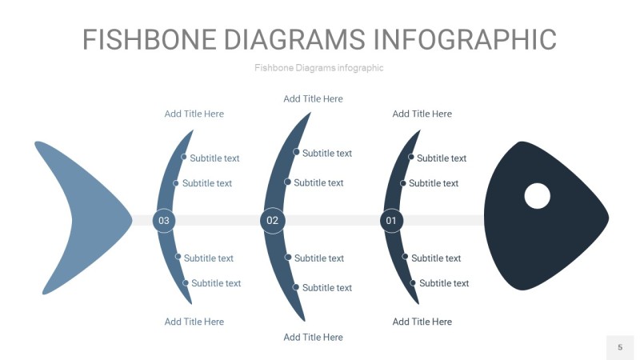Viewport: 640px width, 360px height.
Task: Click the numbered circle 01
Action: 391,220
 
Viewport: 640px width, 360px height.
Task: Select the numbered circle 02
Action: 273,220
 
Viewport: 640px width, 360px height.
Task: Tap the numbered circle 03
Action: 164,220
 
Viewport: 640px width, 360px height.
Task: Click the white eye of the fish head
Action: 537,195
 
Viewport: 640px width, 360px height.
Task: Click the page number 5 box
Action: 619,347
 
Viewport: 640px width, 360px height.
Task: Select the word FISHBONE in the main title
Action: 150,39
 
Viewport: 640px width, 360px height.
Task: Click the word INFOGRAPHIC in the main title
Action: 466,39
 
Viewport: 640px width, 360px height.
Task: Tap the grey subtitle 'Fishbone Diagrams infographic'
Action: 319,68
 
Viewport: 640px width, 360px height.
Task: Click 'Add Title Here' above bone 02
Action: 313,99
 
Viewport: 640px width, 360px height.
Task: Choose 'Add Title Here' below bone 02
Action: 313,338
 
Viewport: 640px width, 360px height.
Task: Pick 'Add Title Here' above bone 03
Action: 194,114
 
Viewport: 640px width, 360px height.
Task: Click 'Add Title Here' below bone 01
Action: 422,322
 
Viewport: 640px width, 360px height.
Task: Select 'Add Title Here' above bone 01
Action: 422,114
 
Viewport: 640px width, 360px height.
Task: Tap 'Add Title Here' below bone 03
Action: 194,322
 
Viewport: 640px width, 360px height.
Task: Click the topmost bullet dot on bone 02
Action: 296,152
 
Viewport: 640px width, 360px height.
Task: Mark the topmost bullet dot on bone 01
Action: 411,157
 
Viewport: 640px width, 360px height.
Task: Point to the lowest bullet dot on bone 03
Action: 186,282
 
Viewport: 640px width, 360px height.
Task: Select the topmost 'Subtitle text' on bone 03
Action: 214,158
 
